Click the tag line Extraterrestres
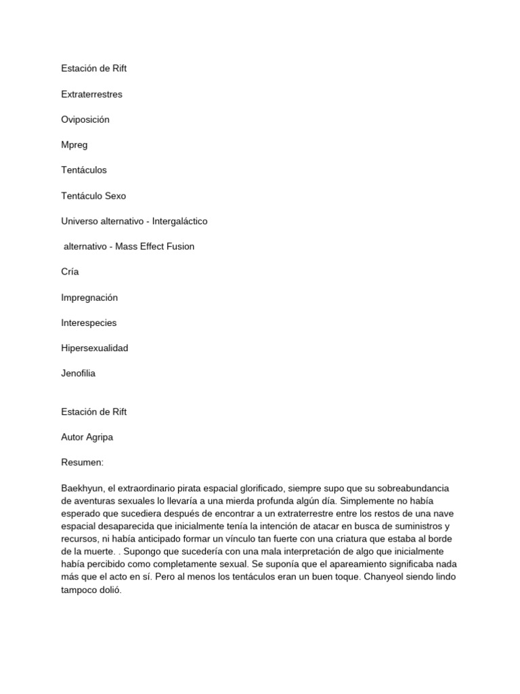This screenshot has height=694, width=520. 91,94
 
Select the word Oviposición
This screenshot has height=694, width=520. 85,120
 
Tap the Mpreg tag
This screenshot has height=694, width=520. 74,145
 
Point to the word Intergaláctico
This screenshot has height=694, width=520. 179,221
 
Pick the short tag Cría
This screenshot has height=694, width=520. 70,272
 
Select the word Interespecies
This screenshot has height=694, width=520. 89,323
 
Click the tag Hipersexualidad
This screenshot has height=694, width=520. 94,348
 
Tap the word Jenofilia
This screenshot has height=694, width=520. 78,373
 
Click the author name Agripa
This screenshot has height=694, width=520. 99,437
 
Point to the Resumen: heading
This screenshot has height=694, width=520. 82,462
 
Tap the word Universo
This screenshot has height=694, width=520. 80,221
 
